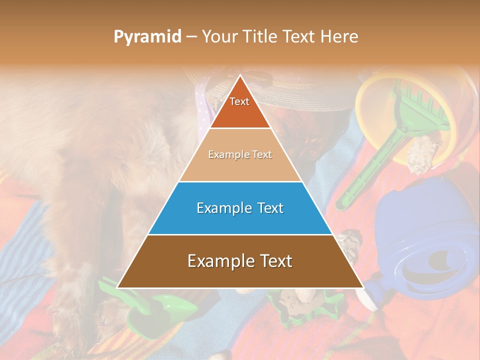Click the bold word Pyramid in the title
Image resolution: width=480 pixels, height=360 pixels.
147,36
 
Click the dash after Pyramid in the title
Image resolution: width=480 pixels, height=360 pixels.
190,37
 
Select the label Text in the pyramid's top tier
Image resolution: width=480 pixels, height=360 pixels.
239,101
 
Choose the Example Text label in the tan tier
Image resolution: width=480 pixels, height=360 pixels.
240,154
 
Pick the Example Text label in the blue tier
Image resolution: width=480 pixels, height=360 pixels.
240,208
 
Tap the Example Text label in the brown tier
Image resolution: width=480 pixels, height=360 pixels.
240,261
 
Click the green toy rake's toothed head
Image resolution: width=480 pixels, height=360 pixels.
410,99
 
